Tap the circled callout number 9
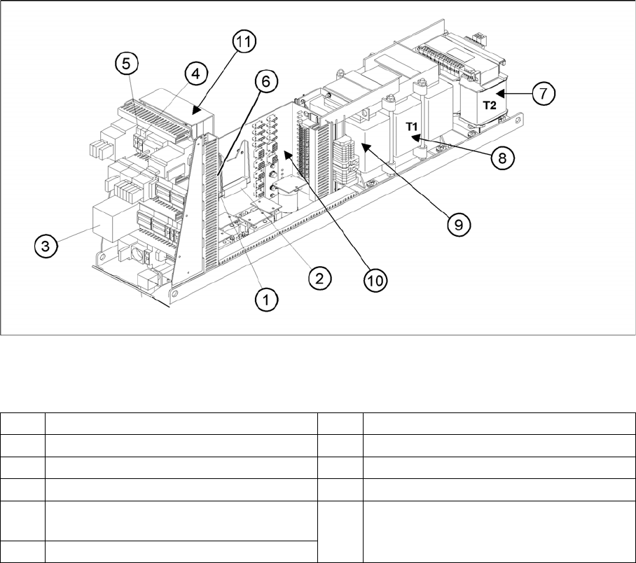[x=457, y=224]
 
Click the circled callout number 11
[x=242, y=43]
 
